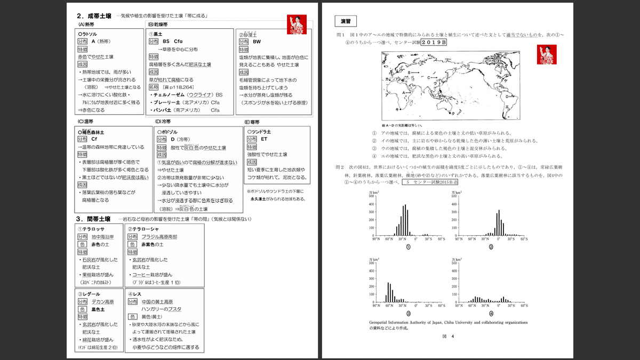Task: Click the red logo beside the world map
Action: click(547, 54)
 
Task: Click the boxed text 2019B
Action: click(434, 42)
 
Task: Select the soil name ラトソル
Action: click(93, 33)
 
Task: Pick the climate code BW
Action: click(257, 41)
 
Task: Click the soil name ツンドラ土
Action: click(262, 131)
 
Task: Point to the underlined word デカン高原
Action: click(103, 301)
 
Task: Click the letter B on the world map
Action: click(410, 72)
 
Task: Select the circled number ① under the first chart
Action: click(408, 247)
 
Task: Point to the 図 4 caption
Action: click(448, 337)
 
